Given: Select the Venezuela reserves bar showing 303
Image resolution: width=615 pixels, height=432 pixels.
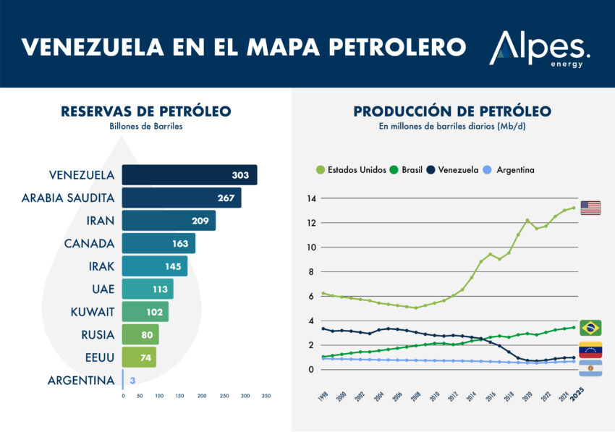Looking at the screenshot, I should pyautogui.click(x=189, y=175).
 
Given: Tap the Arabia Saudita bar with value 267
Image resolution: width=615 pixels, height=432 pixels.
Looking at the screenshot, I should pyautogui.click(x=181, y=198).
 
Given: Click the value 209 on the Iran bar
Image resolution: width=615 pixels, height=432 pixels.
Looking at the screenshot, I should pyautogui.click(x=200, y=221).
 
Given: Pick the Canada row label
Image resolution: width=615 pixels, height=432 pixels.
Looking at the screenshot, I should pyautogui.click(x=89, y=243).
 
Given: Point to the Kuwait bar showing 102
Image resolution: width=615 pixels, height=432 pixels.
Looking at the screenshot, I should pyautogui.click(x=145, y=312).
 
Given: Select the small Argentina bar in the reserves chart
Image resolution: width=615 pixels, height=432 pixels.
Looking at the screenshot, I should pyautogui.click(x=123, y=380).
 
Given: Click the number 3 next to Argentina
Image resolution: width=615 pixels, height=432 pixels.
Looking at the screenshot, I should pyautogui.click(x=132, y=380).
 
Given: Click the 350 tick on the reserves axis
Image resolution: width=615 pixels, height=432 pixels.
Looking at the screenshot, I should pyautogui.click(x=266, y=396).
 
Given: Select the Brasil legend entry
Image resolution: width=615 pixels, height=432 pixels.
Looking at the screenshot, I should pyautogui.click(x=410, y=169).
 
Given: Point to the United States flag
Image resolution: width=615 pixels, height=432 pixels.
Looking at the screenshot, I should pyautogui.click(x=590, y=208).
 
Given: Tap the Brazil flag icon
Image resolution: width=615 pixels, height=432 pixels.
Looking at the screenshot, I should pyautogui.click(x=590, y=328).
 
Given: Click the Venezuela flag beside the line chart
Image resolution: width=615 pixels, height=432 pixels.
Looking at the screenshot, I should pyautogui.click(x=590, y=350).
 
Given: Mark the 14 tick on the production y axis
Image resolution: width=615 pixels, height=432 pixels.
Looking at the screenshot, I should pyautogui.click(x=312, y=198).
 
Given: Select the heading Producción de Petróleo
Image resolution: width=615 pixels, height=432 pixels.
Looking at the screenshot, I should pyautogui.click(x=452, y=111).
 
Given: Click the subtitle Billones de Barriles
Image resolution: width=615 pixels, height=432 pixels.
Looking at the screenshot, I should pyautogui.click(x=146, y=127).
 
